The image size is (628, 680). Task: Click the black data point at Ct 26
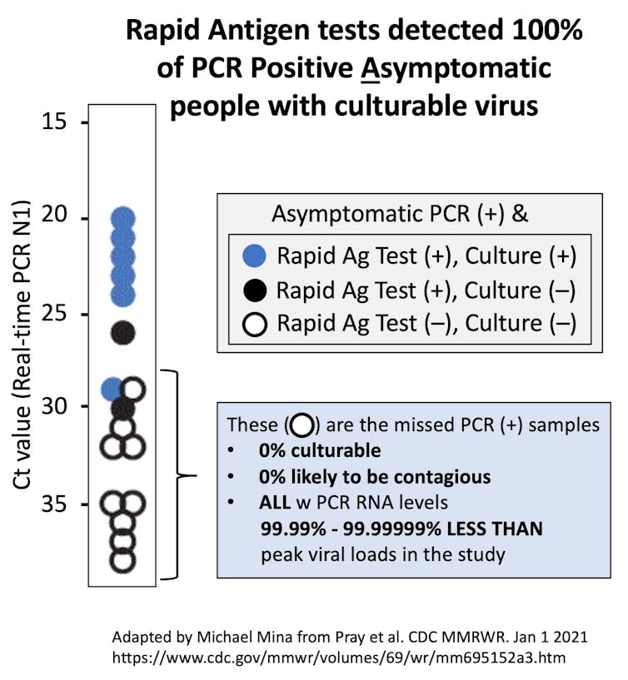coord(122,333)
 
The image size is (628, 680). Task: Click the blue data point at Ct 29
coord(112,389)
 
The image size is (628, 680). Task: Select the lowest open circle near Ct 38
coord(122,560)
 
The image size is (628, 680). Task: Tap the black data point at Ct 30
coord(122,408)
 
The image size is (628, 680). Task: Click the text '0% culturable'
coord(320,451)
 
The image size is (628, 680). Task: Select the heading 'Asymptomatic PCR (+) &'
coord(399,214)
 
